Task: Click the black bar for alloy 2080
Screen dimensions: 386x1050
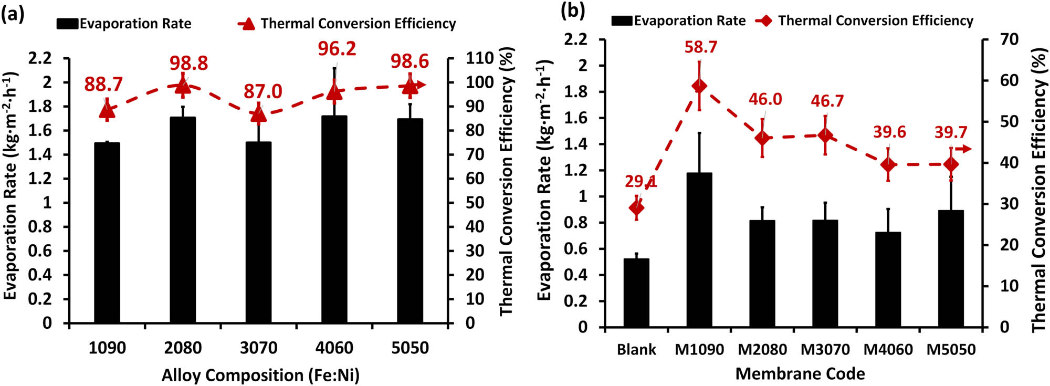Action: (x=183, y=221)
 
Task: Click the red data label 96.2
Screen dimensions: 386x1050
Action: (x=337, y=49)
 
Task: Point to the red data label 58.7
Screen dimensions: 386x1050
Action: (x=700, y=47)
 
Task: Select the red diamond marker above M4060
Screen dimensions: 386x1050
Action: (x=888, y=165)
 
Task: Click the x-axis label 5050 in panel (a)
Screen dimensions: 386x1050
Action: (x=410, y=348)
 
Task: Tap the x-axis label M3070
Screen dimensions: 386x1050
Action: (x=825, y=349)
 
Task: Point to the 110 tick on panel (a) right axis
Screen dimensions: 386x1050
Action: (x=480, y=58)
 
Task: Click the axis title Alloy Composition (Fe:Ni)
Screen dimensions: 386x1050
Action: (x=260, y=375)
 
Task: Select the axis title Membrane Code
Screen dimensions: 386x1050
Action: (x=800, y=373)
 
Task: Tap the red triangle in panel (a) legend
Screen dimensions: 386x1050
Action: (x=247, y=23)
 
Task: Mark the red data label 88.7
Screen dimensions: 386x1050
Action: (x=103, y=84)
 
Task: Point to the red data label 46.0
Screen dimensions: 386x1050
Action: (x=765, y=99)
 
